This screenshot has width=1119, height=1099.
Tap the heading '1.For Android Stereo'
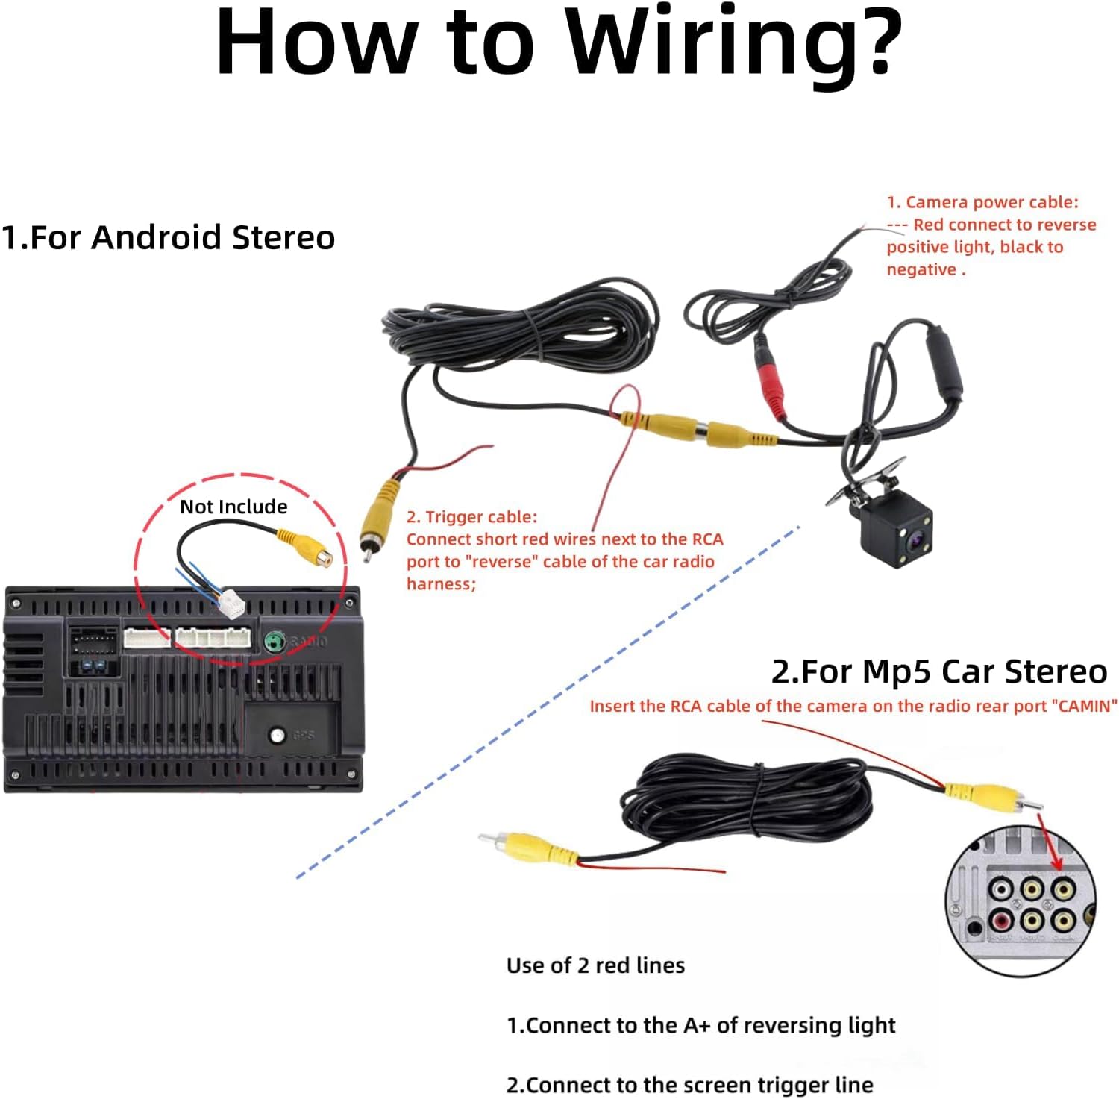click(168, 237)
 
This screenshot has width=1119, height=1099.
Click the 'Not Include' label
click(233, 507)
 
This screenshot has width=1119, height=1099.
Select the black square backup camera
click(896, 526)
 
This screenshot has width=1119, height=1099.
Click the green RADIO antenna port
click(275, 641)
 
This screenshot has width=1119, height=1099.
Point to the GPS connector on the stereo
click(278, 735)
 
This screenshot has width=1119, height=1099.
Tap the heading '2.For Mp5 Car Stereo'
click(938, 671)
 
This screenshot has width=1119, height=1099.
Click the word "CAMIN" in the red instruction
click(1088, 706)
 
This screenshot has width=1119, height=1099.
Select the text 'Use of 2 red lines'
click(595, 965)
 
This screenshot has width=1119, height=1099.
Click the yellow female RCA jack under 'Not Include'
click(306, 548)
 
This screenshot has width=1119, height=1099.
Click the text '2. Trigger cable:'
click(471, 517)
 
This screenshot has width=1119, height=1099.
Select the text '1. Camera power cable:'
click(982, 202)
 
